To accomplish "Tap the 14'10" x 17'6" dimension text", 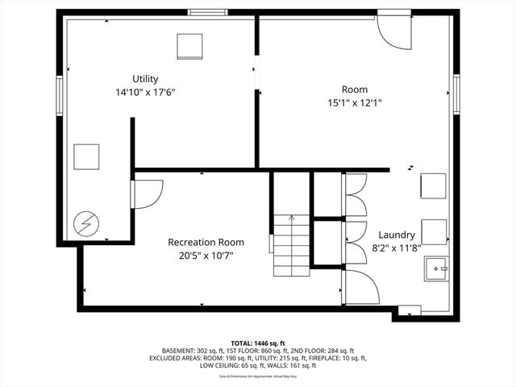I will tap(145, 92).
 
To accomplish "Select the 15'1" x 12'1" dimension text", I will tap(355, 102).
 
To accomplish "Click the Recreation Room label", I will tap(206, 242).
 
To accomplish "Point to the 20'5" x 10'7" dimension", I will tap(206, 256).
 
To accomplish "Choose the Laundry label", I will tap(397, 234).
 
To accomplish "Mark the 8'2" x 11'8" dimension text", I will tap(397, 248).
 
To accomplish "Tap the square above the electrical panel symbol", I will tap(86, 156).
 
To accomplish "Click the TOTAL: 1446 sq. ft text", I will tap(258, 343).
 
